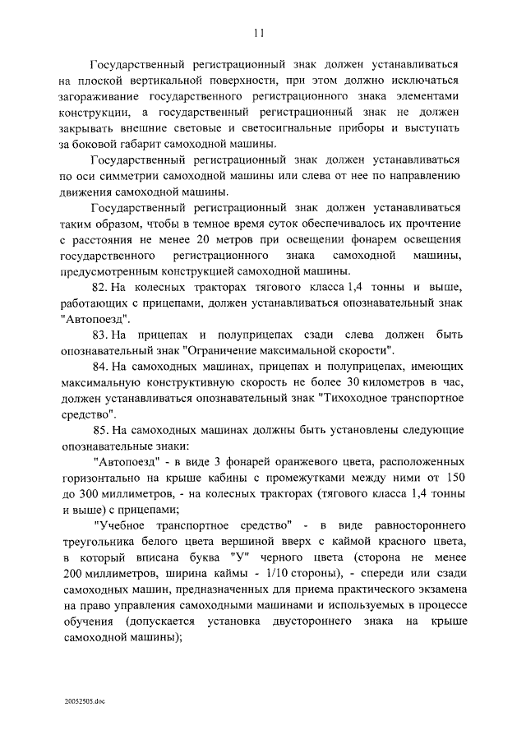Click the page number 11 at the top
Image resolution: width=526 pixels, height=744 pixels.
[260, 34]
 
